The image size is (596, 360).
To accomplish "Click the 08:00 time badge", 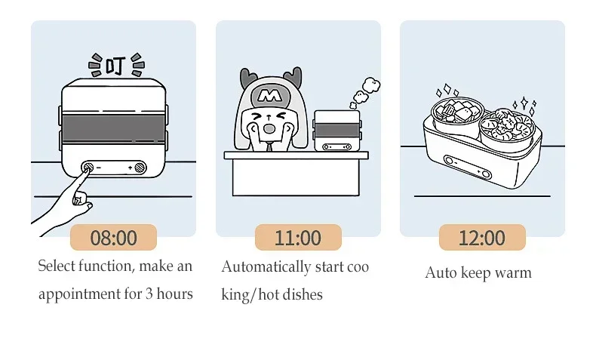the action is pos(113,238).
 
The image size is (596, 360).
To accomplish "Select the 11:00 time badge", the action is pos(297,238).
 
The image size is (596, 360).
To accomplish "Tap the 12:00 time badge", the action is pos(481,238).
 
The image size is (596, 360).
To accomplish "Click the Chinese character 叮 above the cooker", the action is pos(115,66).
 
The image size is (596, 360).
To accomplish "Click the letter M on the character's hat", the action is pos(265,96).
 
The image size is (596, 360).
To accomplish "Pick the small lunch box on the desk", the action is pos(335,130).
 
